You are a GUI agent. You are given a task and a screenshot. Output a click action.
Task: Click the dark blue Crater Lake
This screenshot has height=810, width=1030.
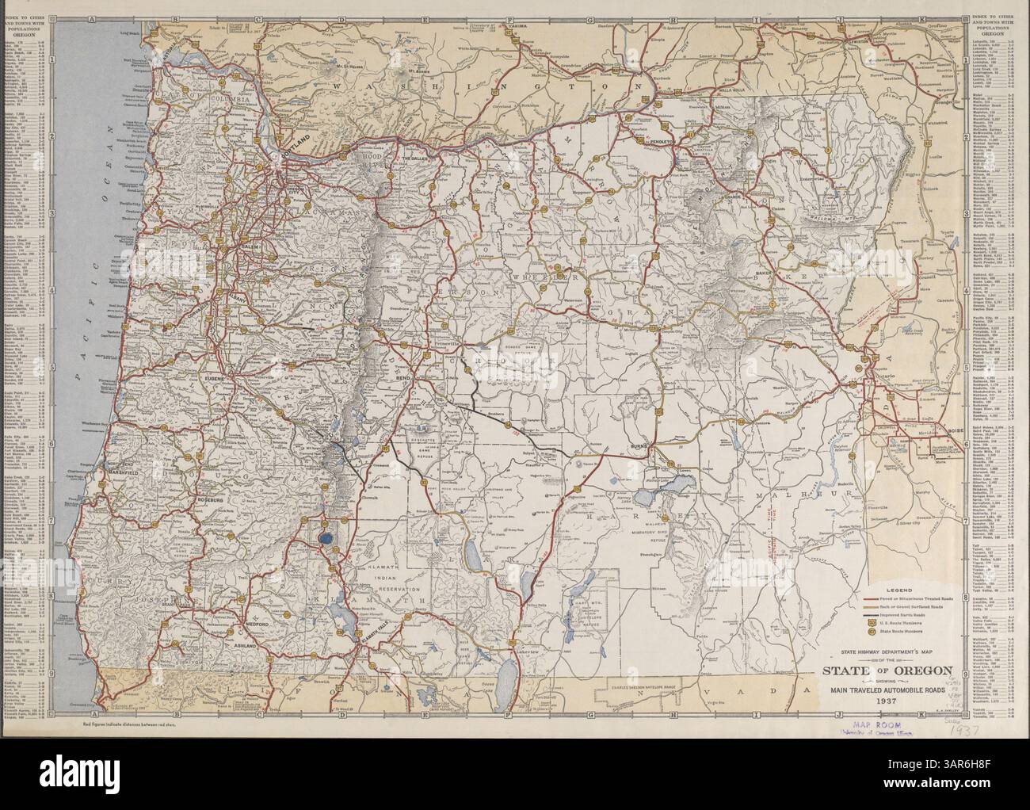pos(325,540)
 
